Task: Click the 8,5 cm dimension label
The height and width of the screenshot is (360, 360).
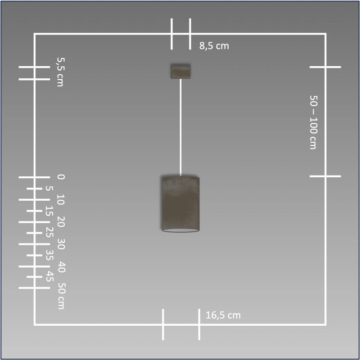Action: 214,46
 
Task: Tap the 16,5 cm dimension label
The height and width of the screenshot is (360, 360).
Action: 223,315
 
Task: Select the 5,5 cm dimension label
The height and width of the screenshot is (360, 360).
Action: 61,72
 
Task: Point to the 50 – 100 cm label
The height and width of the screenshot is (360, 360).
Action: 313,122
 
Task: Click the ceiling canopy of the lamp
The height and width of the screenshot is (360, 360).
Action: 180,71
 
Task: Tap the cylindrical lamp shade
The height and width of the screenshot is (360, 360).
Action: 180,204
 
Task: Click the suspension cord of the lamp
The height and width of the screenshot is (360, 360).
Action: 180,127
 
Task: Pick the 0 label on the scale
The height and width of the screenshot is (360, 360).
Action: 61,177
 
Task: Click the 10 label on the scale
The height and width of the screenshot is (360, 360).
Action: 61,199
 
